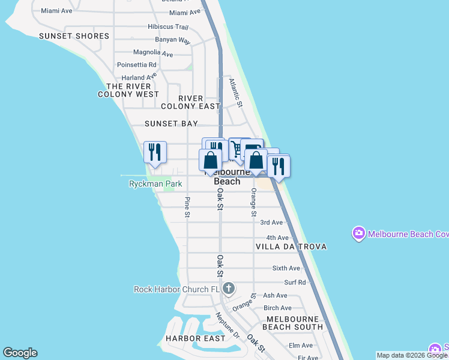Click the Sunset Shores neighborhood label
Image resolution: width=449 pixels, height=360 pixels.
[x=74, y=36]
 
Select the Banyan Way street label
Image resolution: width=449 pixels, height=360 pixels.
[x=172, y=41]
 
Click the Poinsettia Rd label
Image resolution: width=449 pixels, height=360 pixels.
[x=137, y=65]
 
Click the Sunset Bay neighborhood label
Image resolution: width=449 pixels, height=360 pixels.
[x=171, y=124]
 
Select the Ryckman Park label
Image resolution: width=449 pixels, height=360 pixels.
[x=155, y=184]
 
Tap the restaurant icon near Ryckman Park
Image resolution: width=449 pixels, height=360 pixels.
[x=155, y=152]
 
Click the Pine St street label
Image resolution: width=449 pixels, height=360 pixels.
[x=187, y=207]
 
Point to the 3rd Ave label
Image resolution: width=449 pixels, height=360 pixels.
[x=271, y=223]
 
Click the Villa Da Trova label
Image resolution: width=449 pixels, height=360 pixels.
[x=291, y=247]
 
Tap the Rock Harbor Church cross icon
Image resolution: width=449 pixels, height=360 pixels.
[x=228, y=289]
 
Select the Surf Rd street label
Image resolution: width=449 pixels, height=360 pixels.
[x=295, y=283]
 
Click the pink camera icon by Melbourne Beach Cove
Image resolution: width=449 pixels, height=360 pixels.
[x=359, y=234]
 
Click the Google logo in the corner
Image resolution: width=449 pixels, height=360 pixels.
[x=20, y=353]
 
